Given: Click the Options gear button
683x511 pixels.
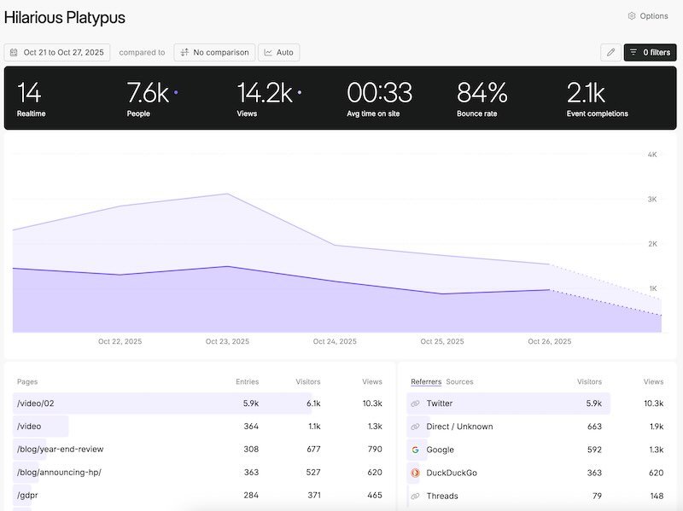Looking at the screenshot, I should pos(648,16).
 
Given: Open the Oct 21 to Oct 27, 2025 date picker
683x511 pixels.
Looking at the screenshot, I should pos(57,53).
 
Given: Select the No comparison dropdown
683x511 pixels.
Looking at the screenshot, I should pos(214,53).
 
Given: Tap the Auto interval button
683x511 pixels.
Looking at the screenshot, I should pos(278,53).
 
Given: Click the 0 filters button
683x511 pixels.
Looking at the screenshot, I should pos(650,53).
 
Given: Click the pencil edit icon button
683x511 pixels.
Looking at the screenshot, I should pos(610,53).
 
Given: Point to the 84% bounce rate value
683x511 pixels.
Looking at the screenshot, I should pos(482,93).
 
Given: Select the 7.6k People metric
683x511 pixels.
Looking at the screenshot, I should pos(148,93).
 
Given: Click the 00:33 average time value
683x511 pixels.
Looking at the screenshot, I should pos(379,93).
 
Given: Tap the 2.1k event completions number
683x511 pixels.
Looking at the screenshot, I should pos(586,93).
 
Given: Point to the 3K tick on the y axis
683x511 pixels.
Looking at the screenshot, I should pos(652,200).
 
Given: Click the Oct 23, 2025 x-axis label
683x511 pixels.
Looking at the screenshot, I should pos(227,342).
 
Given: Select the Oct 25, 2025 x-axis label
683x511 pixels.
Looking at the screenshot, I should pos(442,342).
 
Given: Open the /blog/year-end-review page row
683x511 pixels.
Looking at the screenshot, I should pos(61,450).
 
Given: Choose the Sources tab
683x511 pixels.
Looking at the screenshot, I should pos(459,382).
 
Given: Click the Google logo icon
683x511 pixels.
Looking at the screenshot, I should pos(416,450).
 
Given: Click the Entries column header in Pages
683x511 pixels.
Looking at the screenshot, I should pos(247,382).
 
